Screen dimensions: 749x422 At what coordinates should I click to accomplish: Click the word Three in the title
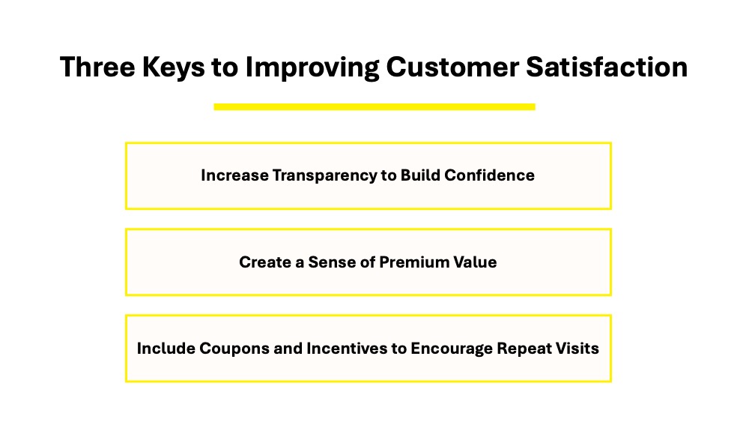click(x=97, y=67)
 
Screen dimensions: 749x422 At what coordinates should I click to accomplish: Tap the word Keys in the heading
click(x=173, y=67)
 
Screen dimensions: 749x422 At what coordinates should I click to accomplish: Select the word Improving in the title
click(x=312, y=67)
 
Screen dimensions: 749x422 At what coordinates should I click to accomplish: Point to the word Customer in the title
click(x=452, y=67)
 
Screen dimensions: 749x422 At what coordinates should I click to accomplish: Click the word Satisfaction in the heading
click(x=607, y=67)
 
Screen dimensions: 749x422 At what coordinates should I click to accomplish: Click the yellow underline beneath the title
click(x=374, y=106)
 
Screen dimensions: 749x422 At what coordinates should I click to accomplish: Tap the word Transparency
click(x=324, y=176)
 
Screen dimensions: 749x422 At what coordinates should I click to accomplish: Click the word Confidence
click(x=489, y=175)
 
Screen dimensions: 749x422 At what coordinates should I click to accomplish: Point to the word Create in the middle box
click(x=264, y=262)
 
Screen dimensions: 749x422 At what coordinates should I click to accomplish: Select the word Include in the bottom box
click(x=166, y=348)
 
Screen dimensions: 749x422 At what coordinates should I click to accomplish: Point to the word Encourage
click(x=452, y=349)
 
